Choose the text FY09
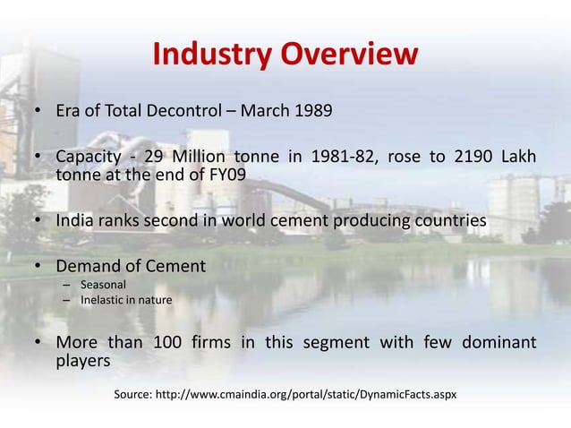point(225,175)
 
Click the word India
point(78,221)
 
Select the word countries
point(453,221)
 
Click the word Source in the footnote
point(132,394)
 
